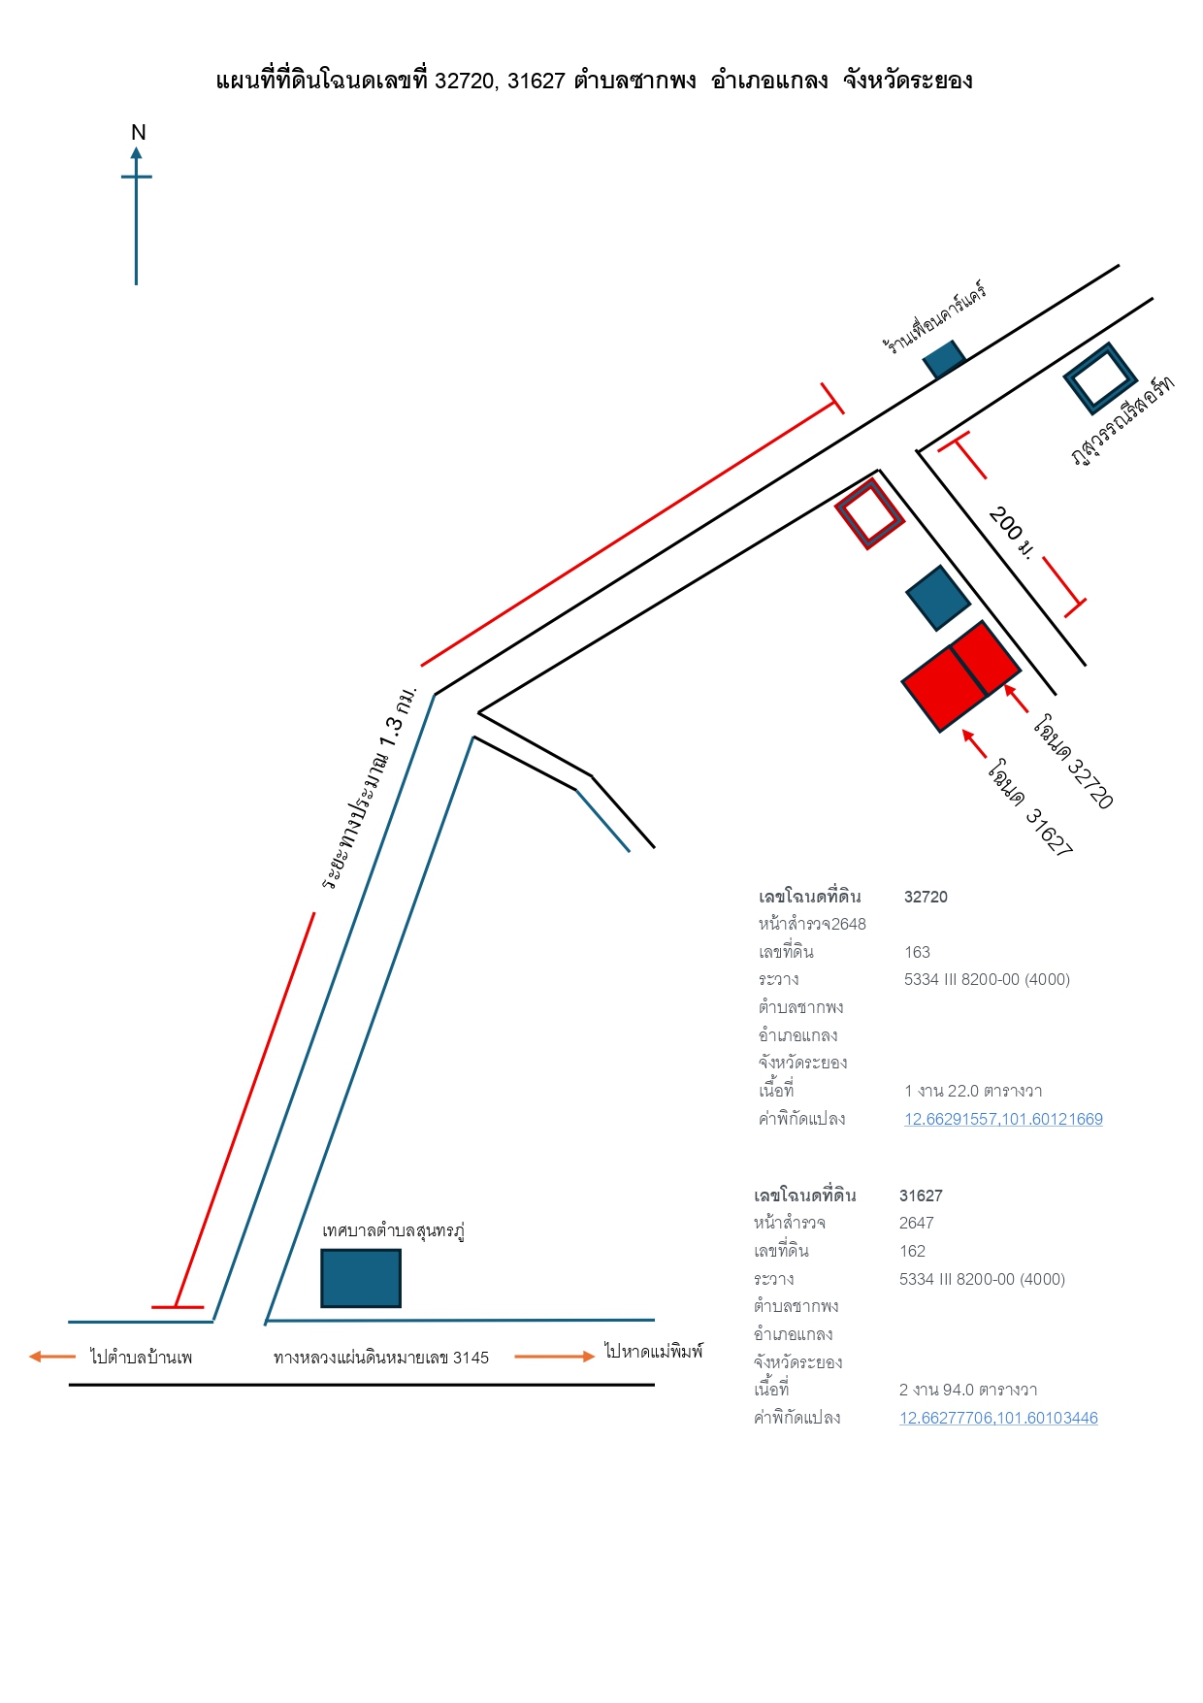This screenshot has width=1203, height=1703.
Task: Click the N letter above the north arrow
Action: (x=139, y=133)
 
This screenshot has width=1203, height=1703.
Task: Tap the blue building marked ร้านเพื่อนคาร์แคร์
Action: (x=944, y=359)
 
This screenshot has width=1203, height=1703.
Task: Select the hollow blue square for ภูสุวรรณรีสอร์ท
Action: (x=1100, y=378)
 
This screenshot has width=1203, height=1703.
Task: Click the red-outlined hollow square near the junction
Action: (x=870, y=513)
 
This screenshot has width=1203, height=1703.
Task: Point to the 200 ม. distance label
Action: (x=1011, y=532)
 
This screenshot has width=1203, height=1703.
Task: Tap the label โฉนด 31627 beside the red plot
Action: (x=1030, y=807)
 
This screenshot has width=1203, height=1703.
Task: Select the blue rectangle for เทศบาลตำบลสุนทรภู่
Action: (x=361, y=1278)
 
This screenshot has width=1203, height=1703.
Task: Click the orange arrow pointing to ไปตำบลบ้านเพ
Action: (x=52, y=1357)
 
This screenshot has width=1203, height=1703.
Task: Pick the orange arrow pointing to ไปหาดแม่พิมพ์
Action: (x=555, y=1357)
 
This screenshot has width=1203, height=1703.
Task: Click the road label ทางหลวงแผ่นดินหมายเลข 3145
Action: (x=381, y=1358)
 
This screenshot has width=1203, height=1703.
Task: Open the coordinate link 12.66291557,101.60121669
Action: (x=1003, y=1119)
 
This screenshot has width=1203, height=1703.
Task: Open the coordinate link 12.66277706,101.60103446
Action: (x=998, y=1418)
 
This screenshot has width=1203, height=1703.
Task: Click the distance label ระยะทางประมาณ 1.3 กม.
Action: (x=369, y=788)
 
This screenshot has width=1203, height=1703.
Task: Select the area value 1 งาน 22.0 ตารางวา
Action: (x=973, y=1091)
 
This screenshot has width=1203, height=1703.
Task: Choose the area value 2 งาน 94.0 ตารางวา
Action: (x=968, y=1390)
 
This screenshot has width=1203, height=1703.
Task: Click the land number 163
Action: (x=917, y=952)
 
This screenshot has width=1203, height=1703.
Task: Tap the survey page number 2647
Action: (x=917, y=1223)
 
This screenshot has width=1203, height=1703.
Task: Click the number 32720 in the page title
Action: (x=464, y=81)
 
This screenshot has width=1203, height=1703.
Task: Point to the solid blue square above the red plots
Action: (x=938, y=598)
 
